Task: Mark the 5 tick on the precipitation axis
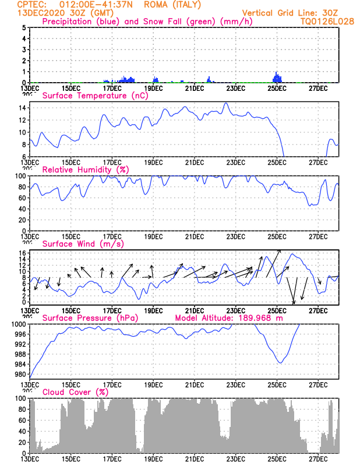(x=24, y=27)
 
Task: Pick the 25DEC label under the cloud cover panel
(x=277, y=459)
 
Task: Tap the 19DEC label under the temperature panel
(x=153, y=162)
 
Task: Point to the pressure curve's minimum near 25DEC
(x=280, y=362)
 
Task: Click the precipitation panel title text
(x=128, y=22)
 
